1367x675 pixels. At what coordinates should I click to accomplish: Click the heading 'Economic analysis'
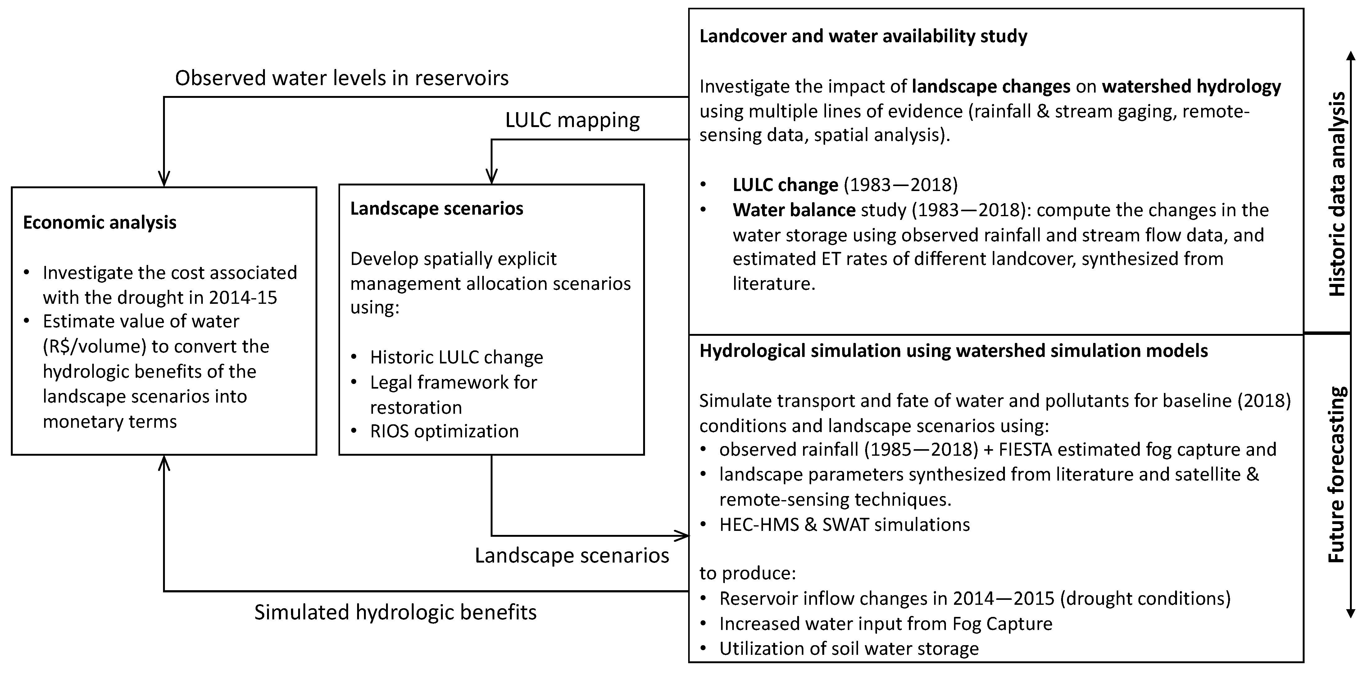pyautogui.click(x=100, y=222)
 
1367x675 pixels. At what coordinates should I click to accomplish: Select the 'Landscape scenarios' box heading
pyautogui.click(x=436, y=208)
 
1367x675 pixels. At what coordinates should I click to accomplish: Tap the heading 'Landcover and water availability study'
pyautogui.click(x=863, y=36)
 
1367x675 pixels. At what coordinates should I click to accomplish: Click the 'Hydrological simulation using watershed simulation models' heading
pyautogui.click(x=953, y=351)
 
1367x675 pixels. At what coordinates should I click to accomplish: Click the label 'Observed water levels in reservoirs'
pyautogui.click(x=342, y=78)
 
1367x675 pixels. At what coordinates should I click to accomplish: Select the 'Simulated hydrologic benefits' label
pyautogui.click(x=395, y=612)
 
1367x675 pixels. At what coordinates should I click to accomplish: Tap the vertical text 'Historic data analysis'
pyautogui.click(x=1337, y=194)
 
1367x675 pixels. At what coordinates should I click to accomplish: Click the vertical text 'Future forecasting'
pyautogui.click(x=1337, y=475)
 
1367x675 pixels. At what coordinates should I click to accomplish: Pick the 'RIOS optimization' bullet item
pyautogui.click(x=444, y=431)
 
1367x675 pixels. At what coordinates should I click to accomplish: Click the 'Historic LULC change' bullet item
pyautogui.click(x=456, y=357)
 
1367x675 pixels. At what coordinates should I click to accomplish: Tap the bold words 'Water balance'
pyautogui.click(x=793, y=210)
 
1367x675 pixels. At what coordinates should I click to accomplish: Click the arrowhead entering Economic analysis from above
pyautogui.click(x=164, y=179)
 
